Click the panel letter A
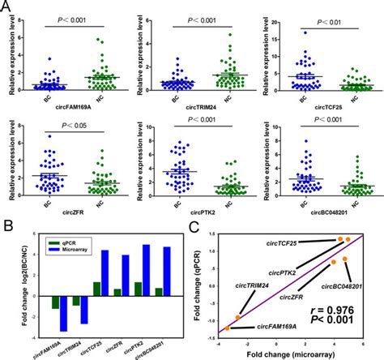[6, 6]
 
